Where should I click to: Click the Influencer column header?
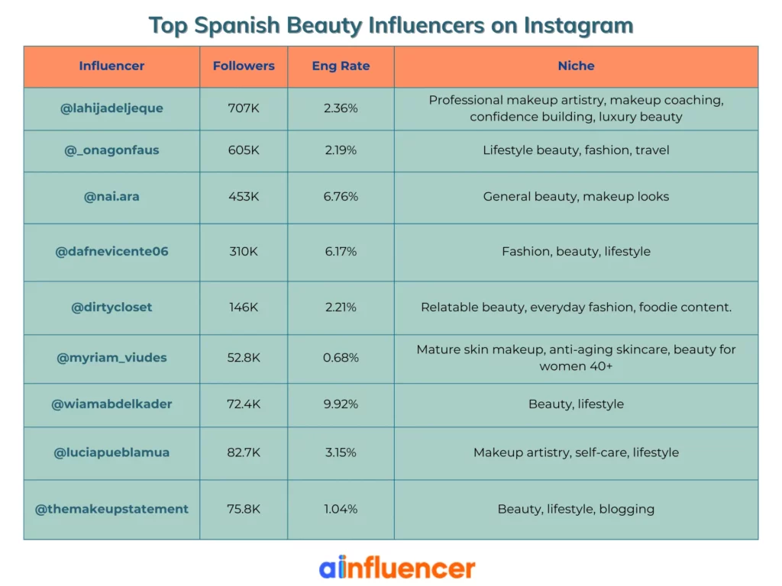(111, 66)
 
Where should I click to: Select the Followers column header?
(244, 66)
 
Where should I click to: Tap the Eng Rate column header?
(341, 66)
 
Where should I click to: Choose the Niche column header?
(576, 66)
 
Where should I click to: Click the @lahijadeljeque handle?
(111, 108)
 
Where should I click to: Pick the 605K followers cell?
(244, 150)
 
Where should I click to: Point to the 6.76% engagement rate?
(341, 197)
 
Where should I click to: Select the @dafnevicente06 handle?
(111, 252)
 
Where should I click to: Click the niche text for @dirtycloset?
(576, 307)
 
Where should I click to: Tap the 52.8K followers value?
(244, 358)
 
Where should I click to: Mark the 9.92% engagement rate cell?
(341, 404)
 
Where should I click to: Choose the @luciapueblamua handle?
(111, 452)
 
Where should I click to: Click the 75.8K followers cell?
(244, 509)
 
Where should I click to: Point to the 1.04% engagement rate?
(341, 509)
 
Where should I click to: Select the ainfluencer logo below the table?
(396, 568)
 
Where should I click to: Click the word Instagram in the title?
(578, 25)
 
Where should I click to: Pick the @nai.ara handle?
(111, 197)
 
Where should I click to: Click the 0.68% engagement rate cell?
(341, 358)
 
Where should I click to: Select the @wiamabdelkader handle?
(111, 404)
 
